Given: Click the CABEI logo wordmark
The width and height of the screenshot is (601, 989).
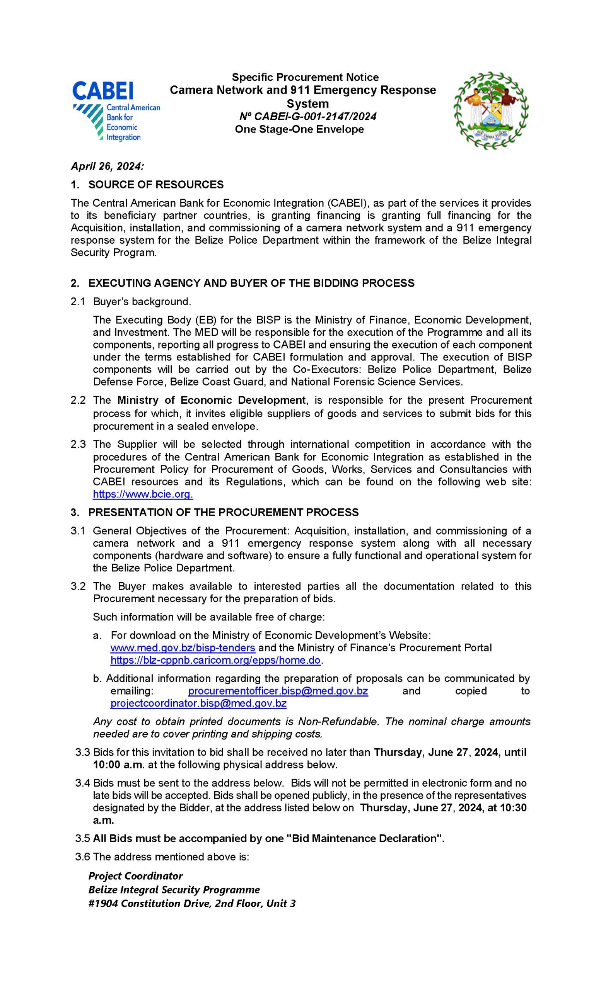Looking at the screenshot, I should coord(103,91).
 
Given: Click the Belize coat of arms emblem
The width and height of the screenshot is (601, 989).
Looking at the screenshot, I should coord(490,110).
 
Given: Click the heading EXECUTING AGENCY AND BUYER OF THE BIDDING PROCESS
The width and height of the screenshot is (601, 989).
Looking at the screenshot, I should coord(251,283).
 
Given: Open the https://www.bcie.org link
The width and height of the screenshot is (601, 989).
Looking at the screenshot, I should coord(143,494).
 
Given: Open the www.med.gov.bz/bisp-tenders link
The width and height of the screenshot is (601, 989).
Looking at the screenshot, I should coord(183,648).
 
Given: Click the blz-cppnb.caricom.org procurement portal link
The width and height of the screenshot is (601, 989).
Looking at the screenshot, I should coord(215,660).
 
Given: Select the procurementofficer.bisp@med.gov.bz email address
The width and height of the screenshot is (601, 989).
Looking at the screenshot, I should coord(278,691).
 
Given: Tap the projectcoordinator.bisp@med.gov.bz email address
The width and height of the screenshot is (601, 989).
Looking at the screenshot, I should coord(198,703).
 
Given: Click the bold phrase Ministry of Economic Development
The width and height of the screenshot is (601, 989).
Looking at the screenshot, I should coord(211,400).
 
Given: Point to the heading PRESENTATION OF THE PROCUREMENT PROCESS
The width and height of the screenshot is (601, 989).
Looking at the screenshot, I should coord(224,513).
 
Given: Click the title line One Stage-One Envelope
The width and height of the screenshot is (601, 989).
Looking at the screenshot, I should coord(299,129).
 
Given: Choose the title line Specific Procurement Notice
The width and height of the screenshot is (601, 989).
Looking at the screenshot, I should coord(305,77).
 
